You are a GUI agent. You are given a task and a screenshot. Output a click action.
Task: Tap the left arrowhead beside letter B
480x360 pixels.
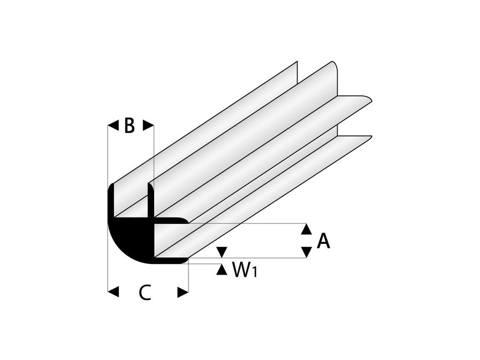[x=113, y=125]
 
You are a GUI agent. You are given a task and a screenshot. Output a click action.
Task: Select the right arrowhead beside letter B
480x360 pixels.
[x=148, y=125]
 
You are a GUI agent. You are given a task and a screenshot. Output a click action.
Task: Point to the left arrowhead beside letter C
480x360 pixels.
[x=113, y=292]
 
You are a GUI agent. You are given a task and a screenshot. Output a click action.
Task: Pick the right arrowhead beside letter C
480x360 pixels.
[x=183, y=292]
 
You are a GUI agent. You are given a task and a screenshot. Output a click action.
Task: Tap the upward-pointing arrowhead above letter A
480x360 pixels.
[x=306, y=229]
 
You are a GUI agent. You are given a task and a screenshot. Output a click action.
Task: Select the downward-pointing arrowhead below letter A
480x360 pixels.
[x=306, y=252]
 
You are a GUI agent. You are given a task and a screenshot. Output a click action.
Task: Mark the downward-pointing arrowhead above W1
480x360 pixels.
[x=222, y=252]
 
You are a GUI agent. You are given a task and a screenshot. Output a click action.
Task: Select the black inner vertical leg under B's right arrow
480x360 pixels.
[x=150, y=202]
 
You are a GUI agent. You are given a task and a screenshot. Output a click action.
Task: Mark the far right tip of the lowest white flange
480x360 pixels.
[x=371, y=136]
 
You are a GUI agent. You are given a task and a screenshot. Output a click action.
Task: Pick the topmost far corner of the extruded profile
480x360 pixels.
[x=297, y=62]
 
